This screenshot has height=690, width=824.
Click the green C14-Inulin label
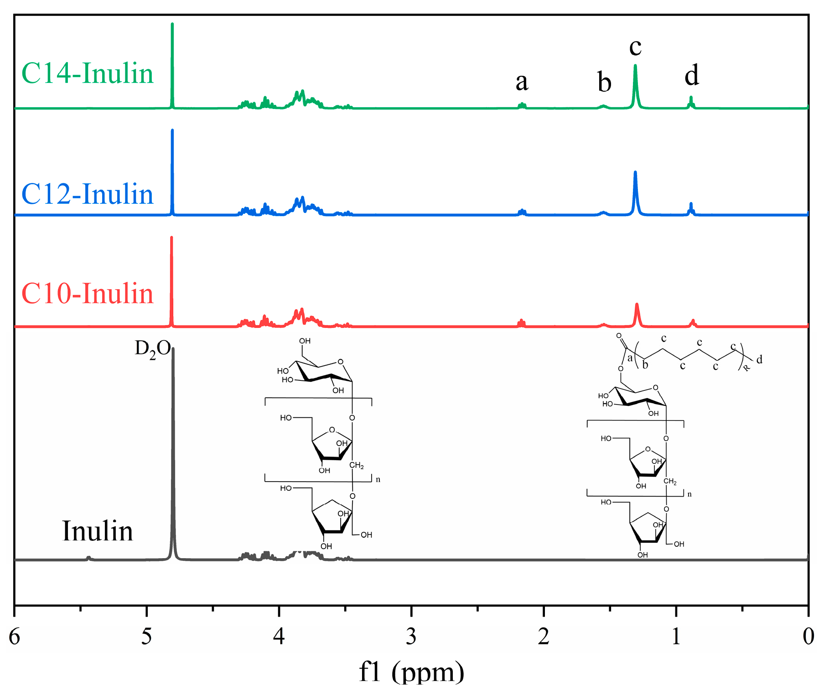tap(87, 73)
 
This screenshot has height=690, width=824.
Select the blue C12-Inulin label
tap(87, 194)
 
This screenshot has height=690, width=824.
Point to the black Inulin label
tap(97, 531)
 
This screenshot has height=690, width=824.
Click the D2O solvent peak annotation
tap(152, 349)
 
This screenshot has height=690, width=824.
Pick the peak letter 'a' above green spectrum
tap(522, 82)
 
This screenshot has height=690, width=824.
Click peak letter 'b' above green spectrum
tap(604, 83)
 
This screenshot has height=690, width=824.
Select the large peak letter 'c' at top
tap(635, 47)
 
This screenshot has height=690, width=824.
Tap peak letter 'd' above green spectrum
tap(691, 75)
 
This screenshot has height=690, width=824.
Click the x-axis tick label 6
tap(15, 637)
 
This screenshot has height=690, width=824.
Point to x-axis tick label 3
tap(411, 637)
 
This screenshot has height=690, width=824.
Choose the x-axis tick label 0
tap(808, 637)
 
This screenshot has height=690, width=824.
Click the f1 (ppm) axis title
tap(411, 671)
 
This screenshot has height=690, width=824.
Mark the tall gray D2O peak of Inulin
tap(173, 456)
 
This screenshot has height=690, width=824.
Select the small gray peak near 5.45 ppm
tap(88, 557)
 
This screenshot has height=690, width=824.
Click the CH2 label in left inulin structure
tap(357, 466)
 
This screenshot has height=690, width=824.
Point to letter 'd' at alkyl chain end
tap(759, 360)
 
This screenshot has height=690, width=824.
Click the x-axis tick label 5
tap(146, 637)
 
